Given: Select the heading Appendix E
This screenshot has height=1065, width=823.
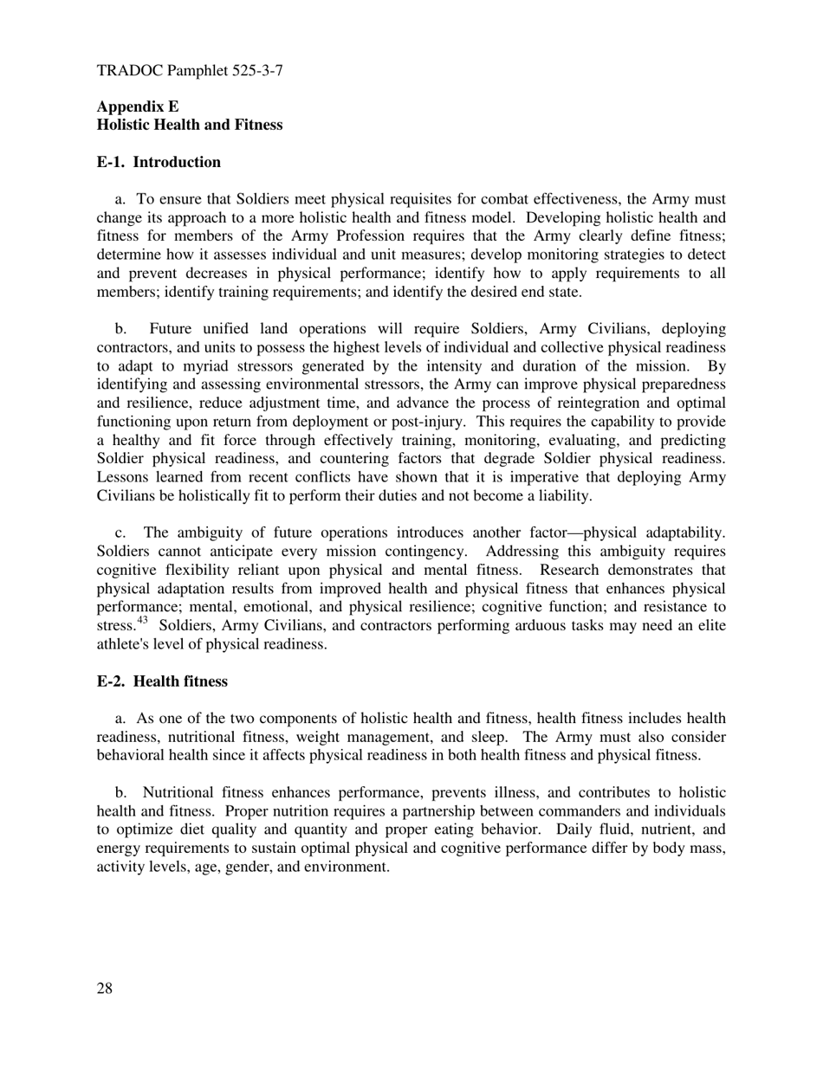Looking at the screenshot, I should coord(138,106).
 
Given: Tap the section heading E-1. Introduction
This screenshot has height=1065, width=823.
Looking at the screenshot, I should coord(159,162).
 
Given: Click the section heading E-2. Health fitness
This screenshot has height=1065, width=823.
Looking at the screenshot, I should coord(162,681).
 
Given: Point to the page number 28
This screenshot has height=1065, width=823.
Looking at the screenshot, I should coord(105,989).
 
